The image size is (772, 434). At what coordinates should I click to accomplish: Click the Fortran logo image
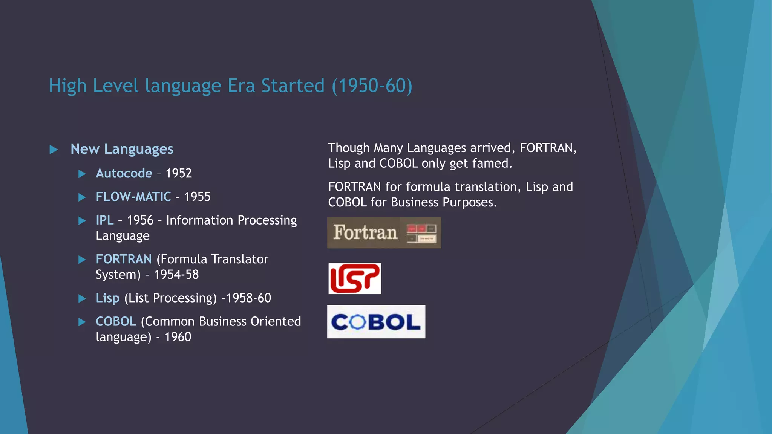coord(384,232)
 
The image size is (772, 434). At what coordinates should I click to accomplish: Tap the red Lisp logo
coord(354,278)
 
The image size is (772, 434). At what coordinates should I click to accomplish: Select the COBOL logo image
coord(376,322)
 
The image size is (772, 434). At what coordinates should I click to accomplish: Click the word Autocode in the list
coord(124,173)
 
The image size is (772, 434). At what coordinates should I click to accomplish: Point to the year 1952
coord(179,173)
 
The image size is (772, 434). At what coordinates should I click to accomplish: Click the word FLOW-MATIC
coord(133,197)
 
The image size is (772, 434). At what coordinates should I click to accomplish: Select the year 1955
coord(197,197)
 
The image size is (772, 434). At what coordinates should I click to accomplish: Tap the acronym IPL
coord(104,220)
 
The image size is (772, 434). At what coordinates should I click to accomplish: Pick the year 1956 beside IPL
coord(140,220)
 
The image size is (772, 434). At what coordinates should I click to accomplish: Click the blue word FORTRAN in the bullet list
coord(124,259)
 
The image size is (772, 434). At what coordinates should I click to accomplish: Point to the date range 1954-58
coord(176,275)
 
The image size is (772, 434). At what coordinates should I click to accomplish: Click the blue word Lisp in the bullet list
coord(107,298)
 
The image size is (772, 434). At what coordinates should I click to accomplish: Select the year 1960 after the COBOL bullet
coord(178,337)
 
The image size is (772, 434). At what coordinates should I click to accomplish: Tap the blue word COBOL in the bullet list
coord(116,321)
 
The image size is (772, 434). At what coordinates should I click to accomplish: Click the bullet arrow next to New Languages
coord(54,150)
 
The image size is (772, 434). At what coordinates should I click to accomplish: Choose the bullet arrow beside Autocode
coord(82,174)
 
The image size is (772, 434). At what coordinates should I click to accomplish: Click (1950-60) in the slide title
coord(372,86)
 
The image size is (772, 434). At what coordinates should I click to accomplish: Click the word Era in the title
coord(241,86)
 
